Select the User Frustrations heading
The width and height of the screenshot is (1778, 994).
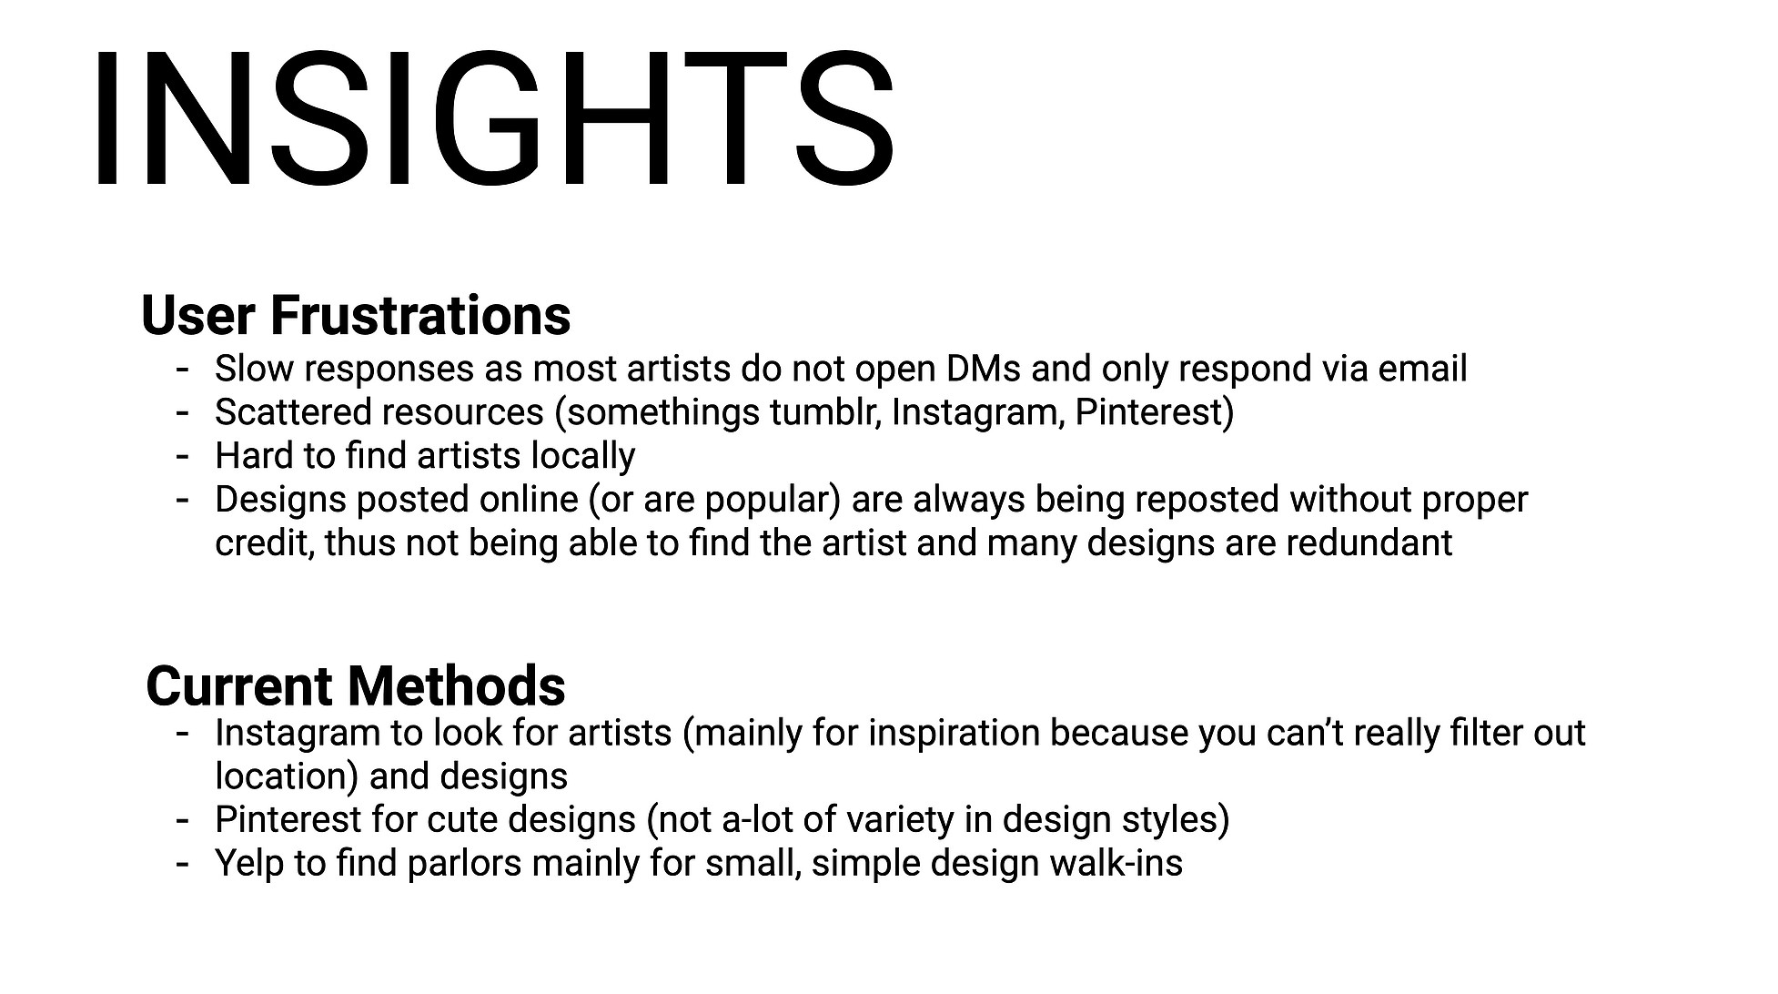(356, 315)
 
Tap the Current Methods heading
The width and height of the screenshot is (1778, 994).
(356, 685)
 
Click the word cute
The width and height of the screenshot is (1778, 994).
(467, 820)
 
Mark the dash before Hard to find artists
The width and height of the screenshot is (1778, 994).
(183, 456)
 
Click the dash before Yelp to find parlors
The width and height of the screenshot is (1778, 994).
(183, 864)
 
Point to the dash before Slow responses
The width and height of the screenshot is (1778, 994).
(183, 369)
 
